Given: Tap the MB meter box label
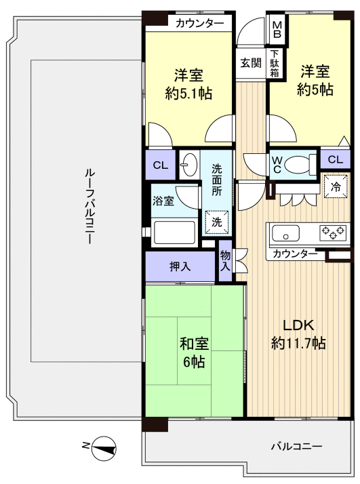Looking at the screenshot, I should coord(277,30).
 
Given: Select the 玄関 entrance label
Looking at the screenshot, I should coord(250,63).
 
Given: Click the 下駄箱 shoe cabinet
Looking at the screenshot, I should coord(275,63).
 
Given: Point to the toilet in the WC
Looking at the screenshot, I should coord(298,164).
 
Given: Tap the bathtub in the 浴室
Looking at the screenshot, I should coord(174,232).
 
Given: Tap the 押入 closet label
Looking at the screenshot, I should coord(180,266).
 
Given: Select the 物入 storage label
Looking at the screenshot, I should coord(225,261).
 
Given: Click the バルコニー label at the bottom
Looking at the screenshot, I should coord(298,447).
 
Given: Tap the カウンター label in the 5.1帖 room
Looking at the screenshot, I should coord(199,24).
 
